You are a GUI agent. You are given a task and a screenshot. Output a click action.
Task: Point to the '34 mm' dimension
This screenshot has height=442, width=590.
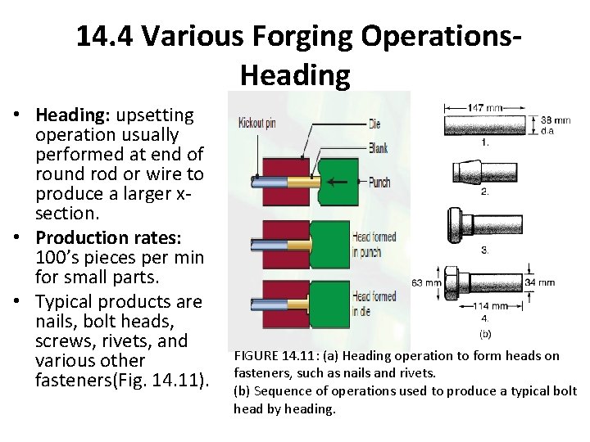point(539,282)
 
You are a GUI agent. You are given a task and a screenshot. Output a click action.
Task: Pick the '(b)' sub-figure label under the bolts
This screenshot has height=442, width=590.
point(485,334)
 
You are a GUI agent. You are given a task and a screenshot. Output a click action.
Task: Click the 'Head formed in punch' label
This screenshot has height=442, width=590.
point(374,243)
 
